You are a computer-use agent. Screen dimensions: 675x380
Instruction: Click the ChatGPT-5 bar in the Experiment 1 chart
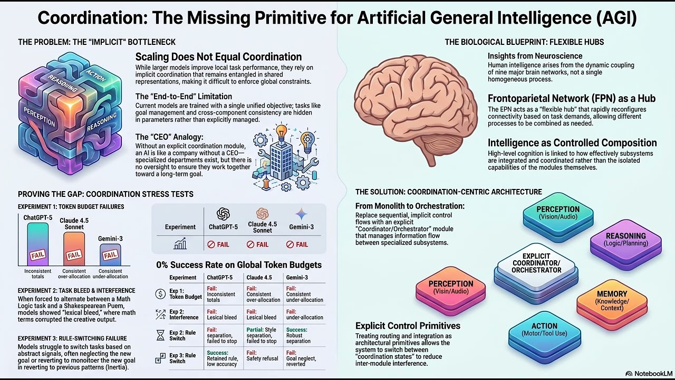pyautogui.click(x=37, y=244)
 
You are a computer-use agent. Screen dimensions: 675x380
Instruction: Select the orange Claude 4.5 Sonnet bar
pyautogui.click(x=74, y=249)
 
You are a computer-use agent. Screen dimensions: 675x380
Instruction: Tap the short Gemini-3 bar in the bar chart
pyautogui.click(x=110, y=255)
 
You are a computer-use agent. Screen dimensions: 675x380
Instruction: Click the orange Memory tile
pyautogui.click(x=612, y=305)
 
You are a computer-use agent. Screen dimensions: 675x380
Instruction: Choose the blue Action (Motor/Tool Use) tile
pyautogui.click(x=545, y=336)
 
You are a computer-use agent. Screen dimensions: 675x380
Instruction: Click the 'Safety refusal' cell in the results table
pyautogui.click(x=262, y=358)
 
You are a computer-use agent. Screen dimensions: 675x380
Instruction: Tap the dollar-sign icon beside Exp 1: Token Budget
pyautogui.click(x=160, y=294)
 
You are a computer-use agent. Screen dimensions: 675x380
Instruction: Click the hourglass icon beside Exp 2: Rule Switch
pyautogui.click(x=161, y=335)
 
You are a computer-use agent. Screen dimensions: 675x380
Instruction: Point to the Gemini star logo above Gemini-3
pyautogui.click(x=301, y=214)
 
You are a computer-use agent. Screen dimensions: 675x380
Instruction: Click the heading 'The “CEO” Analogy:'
pyautogui.click(x=169, y=137)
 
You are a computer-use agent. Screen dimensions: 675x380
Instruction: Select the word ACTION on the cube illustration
pyautogui.click(x=95, y=75)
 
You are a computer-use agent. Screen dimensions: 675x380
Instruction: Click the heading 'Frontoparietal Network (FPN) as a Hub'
pyautogui.click(x=572, y=99)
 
